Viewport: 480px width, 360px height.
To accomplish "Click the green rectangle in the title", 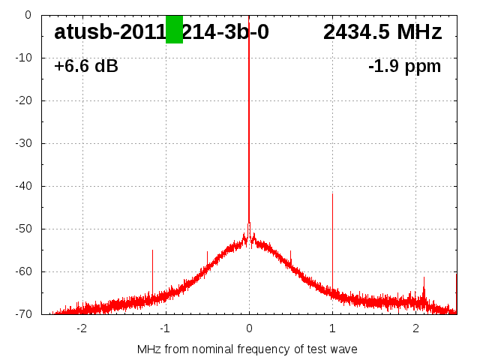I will [x=174, y=29].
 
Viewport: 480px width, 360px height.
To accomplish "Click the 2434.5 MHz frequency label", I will [x=382, y=32].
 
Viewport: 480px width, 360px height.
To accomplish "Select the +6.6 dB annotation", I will [x=86, y=67].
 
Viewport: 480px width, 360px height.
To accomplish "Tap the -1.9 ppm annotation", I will [x=404, y=67].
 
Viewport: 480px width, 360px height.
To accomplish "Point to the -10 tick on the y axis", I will [x=24, y=58].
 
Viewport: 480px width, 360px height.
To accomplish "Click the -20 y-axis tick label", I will [x=24, y=100].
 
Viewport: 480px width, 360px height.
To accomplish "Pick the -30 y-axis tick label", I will [x=24, y=143].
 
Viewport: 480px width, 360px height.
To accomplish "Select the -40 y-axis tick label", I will [x=24, y=186].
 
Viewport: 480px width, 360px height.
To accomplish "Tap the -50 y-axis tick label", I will [x=24, y=229].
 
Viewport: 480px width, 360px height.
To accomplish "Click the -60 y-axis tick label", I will [x=24, y=271].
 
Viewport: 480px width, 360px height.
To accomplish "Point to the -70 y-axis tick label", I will [x=24, y=314].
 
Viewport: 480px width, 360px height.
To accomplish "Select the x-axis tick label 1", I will [x=332, y=328].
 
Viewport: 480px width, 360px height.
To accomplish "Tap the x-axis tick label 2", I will [x=415, y=328].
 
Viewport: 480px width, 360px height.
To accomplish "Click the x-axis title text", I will [x=247, y=349].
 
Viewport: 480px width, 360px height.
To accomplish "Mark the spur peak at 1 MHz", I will [x=332, y=194].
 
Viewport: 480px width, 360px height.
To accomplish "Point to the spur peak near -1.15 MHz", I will [x=152, y=250].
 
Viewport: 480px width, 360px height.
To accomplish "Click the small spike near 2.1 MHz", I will [x=424, y=277].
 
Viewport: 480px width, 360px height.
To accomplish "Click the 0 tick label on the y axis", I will [x=28, y=15].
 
